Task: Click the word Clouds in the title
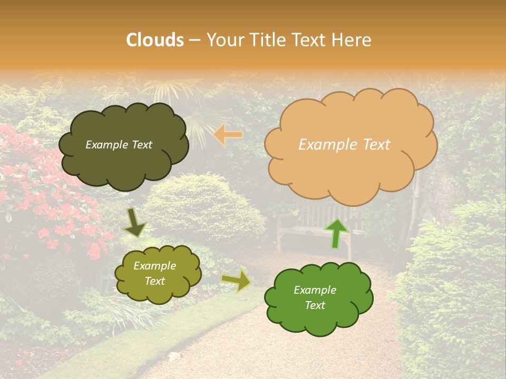[x=155, y=39]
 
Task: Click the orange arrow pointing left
[x=228, y=135]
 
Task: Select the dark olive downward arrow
[x=134, y=223]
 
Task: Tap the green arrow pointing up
[x=337, y=233]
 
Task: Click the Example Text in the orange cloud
[x=344, y=145]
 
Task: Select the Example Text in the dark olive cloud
[x=119, y=145]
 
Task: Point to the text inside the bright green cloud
[x=315, y=297]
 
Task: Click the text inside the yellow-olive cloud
[x=154, y=274]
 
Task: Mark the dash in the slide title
[x=194, y=40]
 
